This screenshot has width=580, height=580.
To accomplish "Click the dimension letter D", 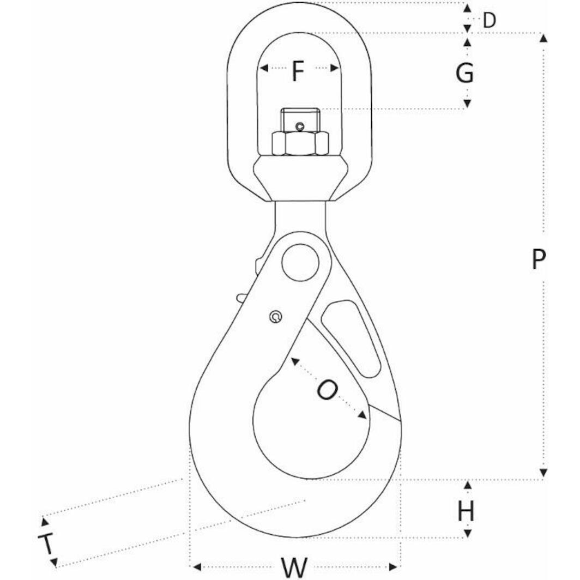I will [490, 21].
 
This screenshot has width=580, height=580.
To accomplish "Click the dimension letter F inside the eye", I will [297, 71].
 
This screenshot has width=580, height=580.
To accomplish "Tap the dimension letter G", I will [465, 72].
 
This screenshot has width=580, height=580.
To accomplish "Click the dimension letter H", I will [466, 511].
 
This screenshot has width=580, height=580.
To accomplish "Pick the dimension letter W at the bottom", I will [294, 567].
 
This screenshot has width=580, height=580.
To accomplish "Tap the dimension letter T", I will [47, 543].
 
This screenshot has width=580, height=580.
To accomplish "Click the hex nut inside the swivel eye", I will [300, 143].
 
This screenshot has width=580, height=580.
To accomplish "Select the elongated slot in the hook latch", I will [352, 338].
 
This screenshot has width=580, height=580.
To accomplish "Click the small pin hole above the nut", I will [299, 127].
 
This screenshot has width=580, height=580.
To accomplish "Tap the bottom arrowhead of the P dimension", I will [543, 473].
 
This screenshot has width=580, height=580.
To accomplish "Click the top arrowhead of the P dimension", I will [543, 38].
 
